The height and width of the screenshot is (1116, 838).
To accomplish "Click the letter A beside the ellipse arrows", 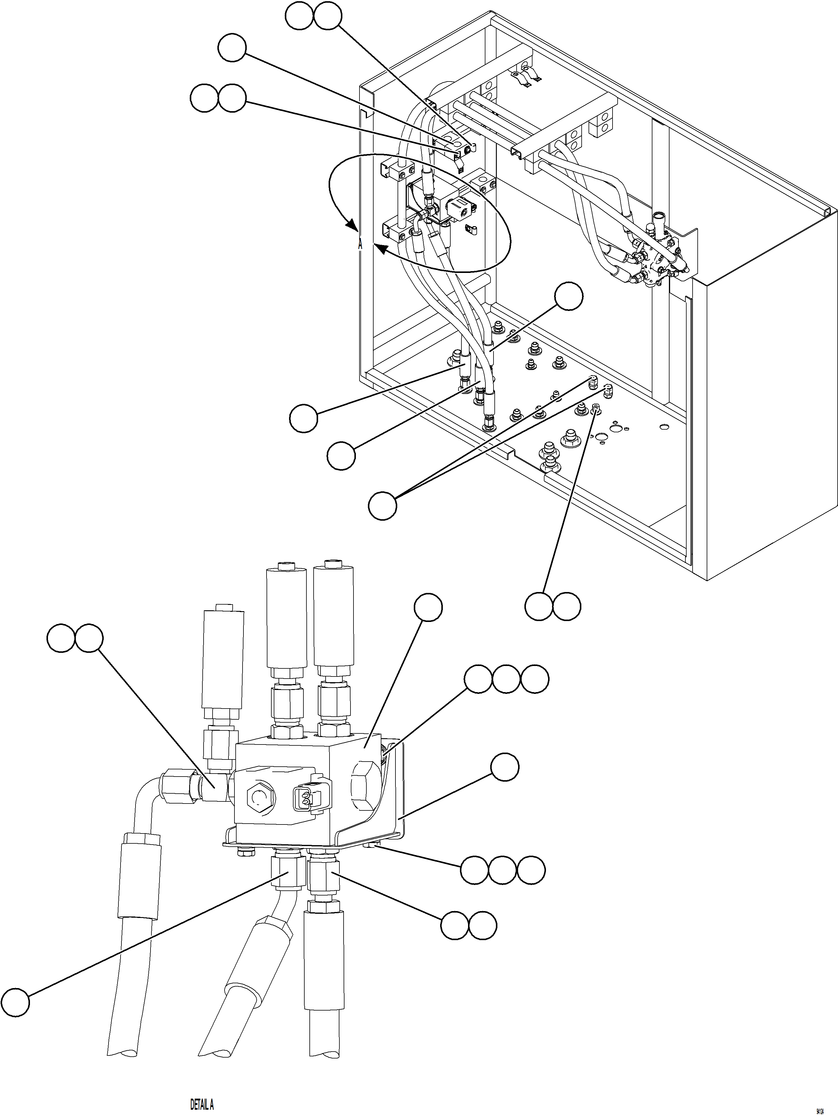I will click(360, 245).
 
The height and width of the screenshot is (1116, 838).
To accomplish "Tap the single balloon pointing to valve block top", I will click(428, 608).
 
